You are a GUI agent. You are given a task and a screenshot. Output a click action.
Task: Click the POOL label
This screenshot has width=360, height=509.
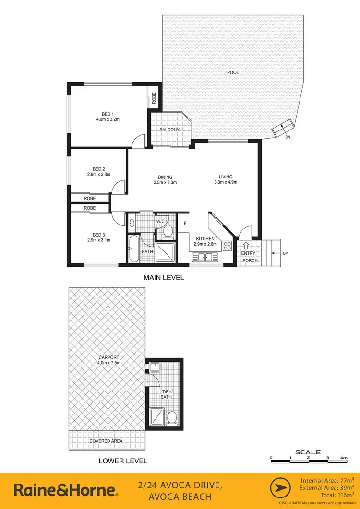pyautogui.click(x=233, y=73)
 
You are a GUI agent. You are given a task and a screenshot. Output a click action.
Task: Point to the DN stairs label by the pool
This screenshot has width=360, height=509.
pyautogui.click(x=288, y=137)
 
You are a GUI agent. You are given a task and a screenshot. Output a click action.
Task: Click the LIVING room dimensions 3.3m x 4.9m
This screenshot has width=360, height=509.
pyautogui.click(x=225, y=182)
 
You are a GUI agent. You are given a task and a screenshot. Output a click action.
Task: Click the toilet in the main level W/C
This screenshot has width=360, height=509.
pyautogui.click(x=168, y=233)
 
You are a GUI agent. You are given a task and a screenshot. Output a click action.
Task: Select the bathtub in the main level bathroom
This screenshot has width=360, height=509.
pyautogui.click(x=133, y=249)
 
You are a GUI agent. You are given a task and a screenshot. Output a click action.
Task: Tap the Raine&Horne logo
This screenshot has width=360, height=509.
pyautogui.click(x=65, y=490)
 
